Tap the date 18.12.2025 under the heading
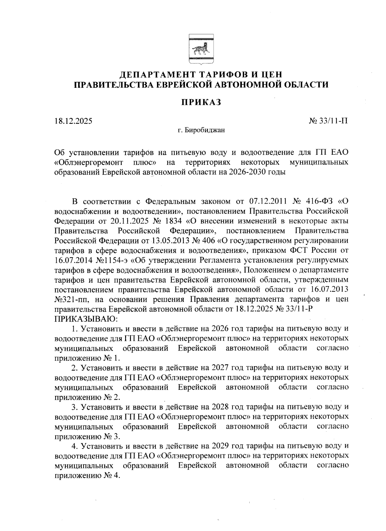click(x=73, y=121)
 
